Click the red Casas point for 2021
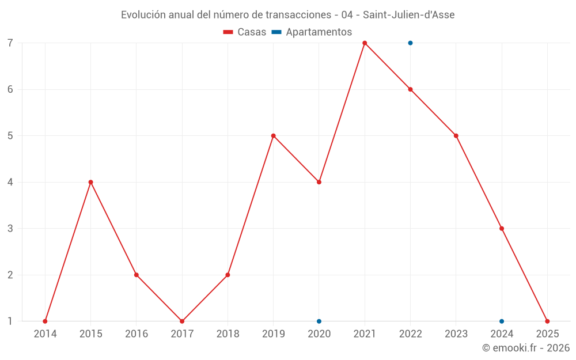(365, 43)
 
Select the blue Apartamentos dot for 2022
(410, 43)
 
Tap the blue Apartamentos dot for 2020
(319, 321)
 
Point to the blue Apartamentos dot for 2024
(502, 321)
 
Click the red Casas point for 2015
(90, 182)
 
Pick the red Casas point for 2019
(274, 136)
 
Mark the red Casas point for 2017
(182, 321)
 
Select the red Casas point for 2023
(456, 136)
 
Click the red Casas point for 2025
(547, 321)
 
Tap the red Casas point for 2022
(410, 89)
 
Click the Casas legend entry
(245, 32)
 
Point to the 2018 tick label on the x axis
(228, 334)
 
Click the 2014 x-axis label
(45, 334)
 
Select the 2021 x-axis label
(365, 334)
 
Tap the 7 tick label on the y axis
(10, 43)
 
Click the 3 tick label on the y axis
(10, 229)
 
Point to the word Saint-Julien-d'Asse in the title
(408, 15)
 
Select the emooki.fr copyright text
(526, 348)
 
